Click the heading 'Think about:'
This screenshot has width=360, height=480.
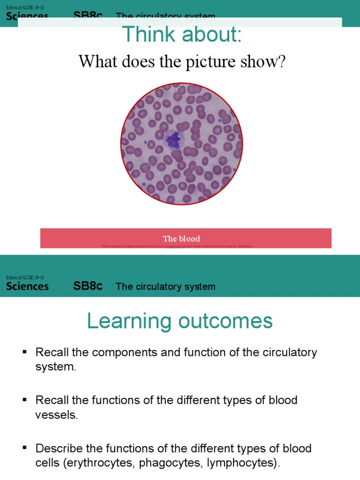[x=182, y=35]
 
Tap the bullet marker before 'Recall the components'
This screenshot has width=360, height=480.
[x=25, y=352]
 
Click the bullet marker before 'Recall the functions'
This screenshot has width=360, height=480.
[x=25, y=400]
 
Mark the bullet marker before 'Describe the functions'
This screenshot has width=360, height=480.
[x=25, y=449]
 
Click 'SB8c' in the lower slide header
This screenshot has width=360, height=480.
[x=88, y=286]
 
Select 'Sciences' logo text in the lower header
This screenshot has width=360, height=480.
[x=27, y=286]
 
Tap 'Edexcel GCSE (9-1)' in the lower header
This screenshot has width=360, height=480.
[x=25, y=277]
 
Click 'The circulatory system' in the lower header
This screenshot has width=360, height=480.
[x=165, y=286]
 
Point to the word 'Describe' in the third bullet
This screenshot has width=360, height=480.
[x=59, y=448]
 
